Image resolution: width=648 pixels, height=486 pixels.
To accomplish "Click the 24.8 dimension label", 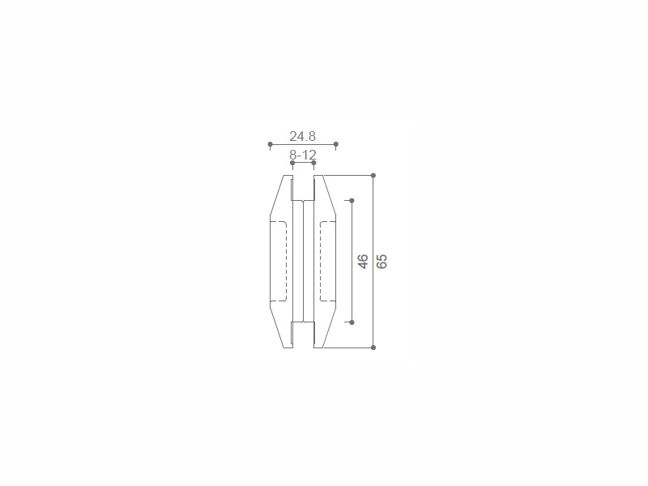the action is point(302,136).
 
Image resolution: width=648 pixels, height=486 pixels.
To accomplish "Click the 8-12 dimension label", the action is point(303,155).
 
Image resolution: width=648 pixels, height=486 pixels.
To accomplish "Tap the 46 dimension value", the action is point(362,262).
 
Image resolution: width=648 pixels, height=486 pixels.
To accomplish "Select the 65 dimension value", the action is point(382,262).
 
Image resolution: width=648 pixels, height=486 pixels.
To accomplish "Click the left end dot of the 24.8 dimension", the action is point(271,144).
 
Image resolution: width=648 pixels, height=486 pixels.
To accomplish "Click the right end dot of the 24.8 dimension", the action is point(336,144).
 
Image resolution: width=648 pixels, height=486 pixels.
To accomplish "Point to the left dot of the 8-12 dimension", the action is point(292,163).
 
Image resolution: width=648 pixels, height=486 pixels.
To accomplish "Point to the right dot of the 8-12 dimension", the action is point(313,163).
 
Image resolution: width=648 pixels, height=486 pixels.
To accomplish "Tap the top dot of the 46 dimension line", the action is point(352,200).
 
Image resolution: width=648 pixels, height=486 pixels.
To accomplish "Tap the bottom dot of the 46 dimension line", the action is point(352,322).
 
